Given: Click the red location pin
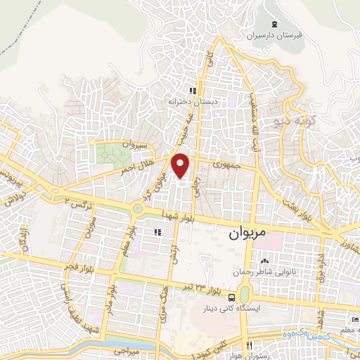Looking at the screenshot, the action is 181,165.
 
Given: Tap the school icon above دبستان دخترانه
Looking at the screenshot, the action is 192,91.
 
